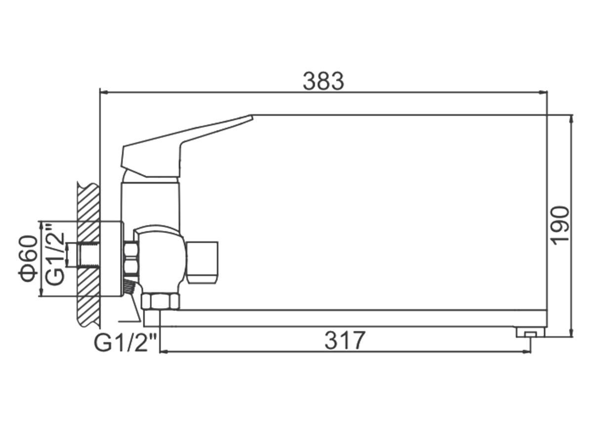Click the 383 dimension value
click(x=323, y=81)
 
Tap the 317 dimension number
click(x=345, y=340)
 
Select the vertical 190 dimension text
click(x=560, y=226)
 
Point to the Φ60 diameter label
click(x=28, y=259)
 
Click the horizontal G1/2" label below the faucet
click(x=125, y=343)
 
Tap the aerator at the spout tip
click(x=530, y=332)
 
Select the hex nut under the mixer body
click(x=160, y=301)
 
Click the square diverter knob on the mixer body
click(x=202, y=262)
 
